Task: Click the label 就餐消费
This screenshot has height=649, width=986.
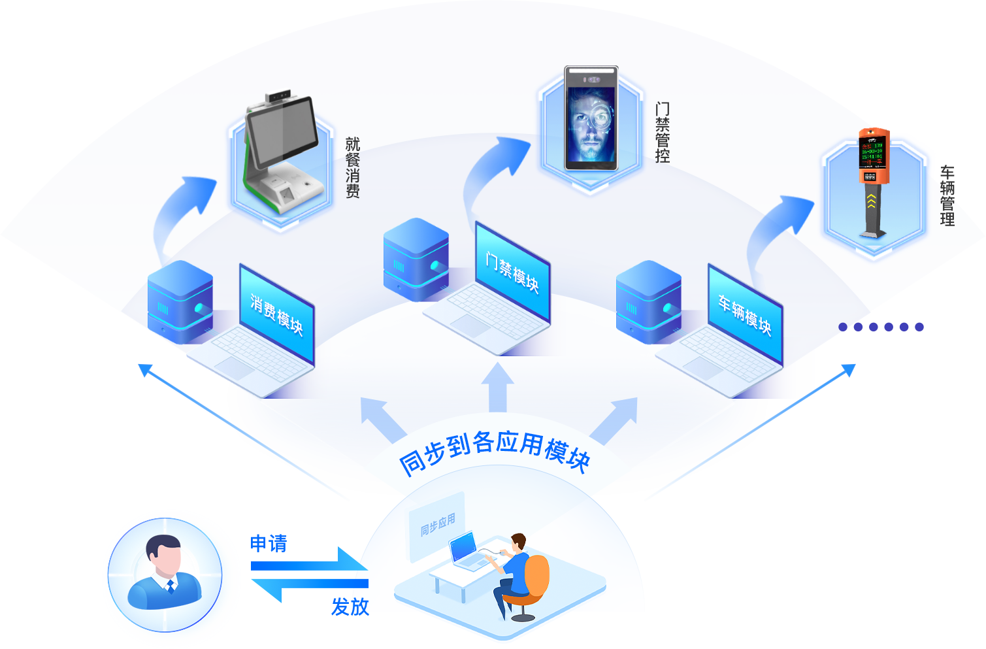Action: pos(353,167)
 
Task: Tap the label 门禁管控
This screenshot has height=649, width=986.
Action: pos(663,133)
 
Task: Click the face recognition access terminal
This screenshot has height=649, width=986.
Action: pos(591,118)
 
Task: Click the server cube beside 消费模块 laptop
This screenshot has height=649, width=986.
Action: pos(180,301)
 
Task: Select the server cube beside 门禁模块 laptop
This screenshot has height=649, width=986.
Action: pos(416,259)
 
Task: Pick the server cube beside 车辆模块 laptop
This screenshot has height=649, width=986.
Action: pos(649,301)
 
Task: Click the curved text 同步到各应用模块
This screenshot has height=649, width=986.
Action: pos(495,451)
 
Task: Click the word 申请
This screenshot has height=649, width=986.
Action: pos(269,544)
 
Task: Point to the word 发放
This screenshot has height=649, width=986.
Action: pos(351,607)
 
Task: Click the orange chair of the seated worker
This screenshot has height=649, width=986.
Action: pos(534,578)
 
